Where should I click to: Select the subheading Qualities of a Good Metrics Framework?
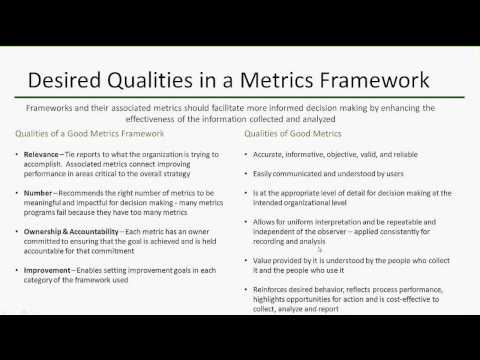(91, 134)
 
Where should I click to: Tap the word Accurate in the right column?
(270, 155)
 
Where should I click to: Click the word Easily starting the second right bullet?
(265, 172)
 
